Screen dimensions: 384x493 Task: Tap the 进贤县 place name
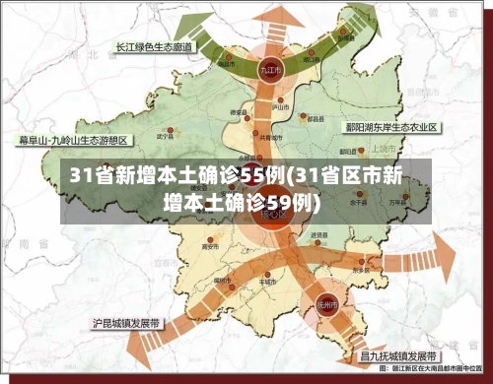pos(318,235)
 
